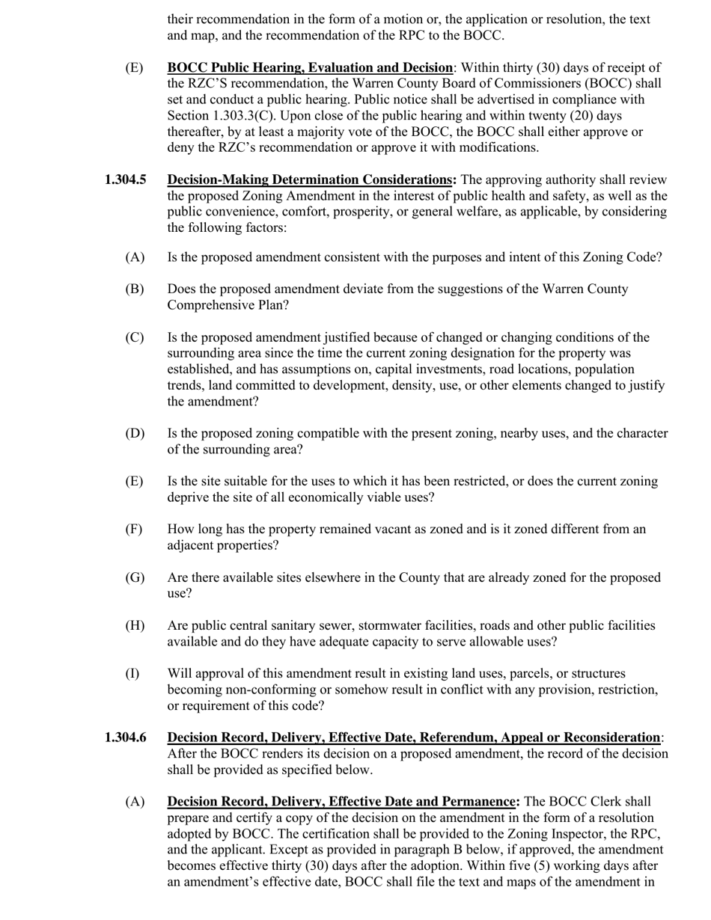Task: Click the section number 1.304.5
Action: pyautogui.click(x=125, y=180)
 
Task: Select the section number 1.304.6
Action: pyautogui.click(x=125, y=737)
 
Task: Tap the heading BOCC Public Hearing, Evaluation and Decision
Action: pyautogui.click(x=310, y=68)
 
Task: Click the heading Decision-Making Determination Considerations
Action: pyautogui.click(x=310, y=180)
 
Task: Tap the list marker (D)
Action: pyautogui.click(x=135, y=434)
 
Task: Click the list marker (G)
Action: pyautogui.click(x=135, y=577)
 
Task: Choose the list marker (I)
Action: pyautogui.click(x=132, y=673)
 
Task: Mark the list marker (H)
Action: pyautogui.click(x=135, y=625)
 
